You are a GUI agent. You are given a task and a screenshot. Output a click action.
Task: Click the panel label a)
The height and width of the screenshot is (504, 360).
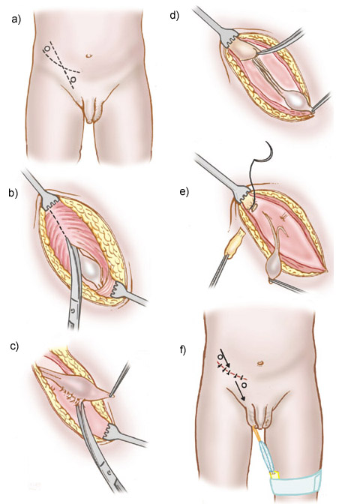point(16,20)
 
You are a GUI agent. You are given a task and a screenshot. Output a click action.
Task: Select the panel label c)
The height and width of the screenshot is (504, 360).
point(14,346)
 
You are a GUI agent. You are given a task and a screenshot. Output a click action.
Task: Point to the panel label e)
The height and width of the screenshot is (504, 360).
point(184,192)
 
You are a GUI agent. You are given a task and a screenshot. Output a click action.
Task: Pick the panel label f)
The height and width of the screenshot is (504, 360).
point(182,350)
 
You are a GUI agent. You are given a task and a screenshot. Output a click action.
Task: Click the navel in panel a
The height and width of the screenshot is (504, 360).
point(89,55)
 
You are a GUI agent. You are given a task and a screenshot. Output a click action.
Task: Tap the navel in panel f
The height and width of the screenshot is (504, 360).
point(261,363)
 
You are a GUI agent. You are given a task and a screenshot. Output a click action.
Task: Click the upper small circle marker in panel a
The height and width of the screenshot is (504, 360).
point(47,49)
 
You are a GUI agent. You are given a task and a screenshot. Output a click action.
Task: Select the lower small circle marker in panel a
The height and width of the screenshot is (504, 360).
point(73,79)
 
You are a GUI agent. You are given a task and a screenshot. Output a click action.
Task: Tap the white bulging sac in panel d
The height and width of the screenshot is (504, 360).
point(297,100)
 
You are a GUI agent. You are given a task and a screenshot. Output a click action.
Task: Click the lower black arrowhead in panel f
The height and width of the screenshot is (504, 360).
point(243,399)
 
